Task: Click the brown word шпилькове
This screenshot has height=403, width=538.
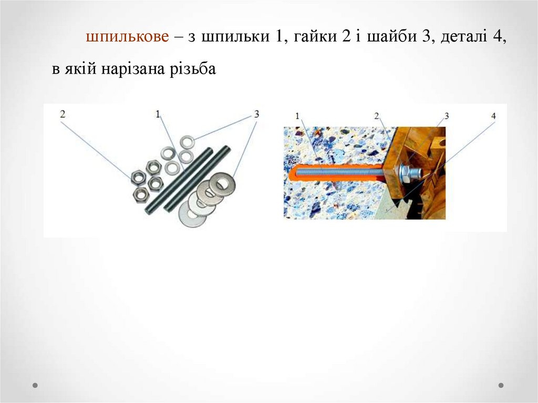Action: pyautogui.click(x=127, y=36)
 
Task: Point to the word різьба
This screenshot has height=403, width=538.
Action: pyautogui.click(x=193, y=69)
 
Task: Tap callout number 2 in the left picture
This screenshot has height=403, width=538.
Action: pyautogui.click(x=63, y=113)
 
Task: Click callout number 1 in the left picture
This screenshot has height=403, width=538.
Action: pyautogui.click(x=158, y=113)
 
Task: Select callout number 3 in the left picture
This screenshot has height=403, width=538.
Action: pyautogui.click(x=256, y=113)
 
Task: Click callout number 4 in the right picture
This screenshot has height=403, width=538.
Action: pyautogui.click(x=493, y=116)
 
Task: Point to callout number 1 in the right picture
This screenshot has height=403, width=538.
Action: pyautogui.click(x=297, y=116)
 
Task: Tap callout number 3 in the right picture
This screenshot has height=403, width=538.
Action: pyautogui.click(x=447, y=116)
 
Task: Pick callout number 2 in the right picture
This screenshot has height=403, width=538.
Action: pyautogui.click(x=376, y=116)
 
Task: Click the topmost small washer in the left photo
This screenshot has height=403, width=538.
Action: pyautogui.click(x=188, y=142)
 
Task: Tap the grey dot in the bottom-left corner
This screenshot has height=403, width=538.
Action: pyautogui.click(x=35, y=385)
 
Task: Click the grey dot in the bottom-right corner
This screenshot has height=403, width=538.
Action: pyautogui.click(x=501, y=385)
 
